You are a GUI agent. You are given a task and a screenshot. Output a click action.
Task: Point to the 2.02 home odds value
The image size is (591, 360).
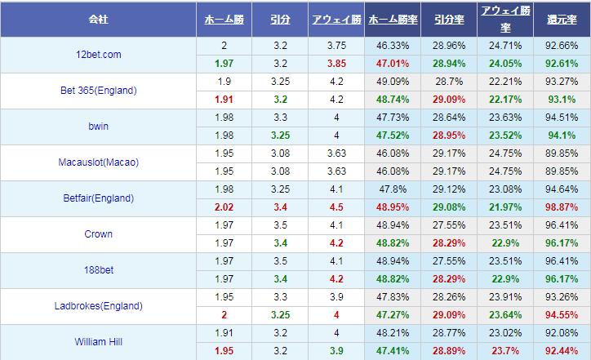point(224,207)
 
